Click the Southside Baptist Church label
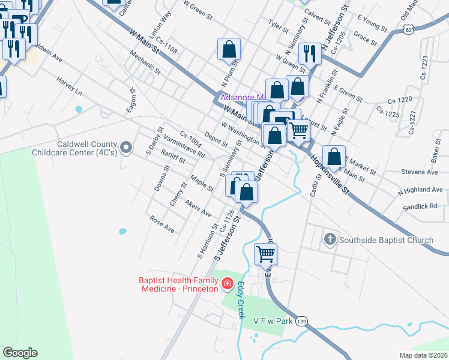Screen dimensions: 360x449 pos(386,241)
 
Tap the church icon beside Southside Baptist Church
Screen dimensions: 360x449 pos(329,241)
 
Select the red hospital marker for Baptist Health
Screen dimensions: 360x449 pos(228,283)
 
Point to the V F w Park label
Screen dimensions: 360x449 pos(273,322)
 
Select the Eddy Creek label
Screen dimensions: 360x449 pos(241,300)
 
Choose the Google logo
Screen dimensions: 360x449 pos(20,353)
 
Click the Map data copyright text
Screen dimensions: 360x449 pos(422,355)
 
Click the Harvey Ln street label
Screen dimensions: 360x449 pos(69,86)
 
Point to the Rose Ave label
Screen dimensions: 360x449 pos(161,224)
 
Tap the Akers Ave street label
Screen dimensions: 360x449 pos(198,208)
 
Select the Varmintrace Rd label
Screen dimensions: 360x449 pos(184,146)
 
